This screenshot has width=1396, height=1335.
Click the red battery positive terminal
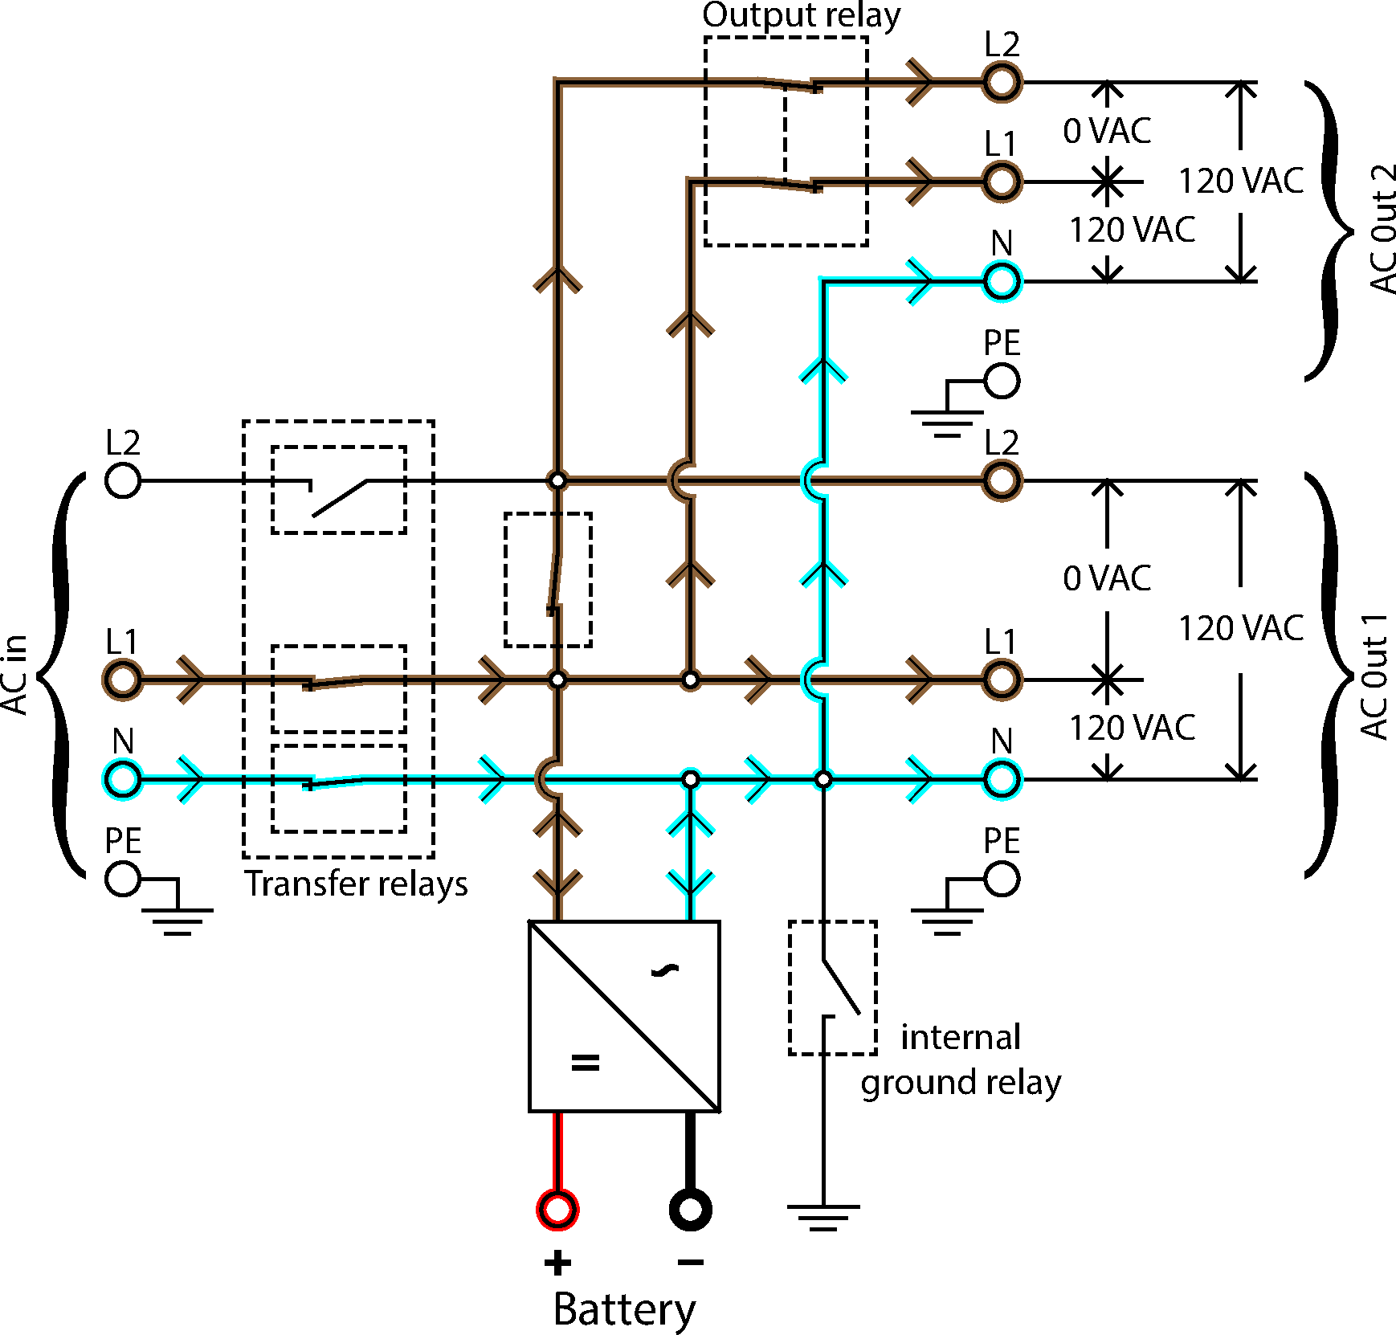click(557, 1209)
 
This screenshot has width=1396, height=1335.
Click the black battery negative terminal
click(690, 1209)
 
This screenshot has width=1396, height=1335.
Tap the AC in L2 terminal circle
click(123, 481)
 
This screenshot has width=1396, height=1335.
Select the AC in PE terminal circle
click(123, 879)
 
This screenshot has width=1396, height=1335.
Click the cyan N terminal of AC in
click(123, 779)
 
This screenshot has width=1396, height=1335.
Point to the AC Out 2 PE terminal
click(1002, 381)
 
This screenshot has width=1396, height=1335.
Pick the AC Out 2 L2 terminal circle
click(1002, 82)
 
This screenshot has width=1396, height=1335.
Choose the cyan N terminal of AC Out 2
click(1002, 281)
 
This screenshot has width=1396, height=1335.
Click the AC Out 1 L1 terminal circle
click(1002, 680)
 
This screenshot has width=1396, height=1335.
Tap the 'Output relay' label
click(801, 16)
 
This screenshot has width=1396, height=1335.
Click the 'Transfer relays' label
click(356, 884)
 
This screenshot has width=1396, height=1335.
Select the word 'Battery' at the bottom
click(624, 1309)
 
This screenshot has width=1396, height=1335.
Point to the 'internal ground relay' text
click(961, 1059)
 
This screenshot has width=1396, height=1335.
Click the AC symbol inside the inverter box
click(665, 970)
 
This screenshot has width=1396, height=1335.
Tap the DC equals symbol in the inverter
click(585, 1063)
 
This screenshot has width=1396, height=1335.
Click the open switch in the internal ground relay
click(840, 986)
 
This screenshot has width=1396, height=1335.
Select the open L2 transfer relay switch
click(338, 496)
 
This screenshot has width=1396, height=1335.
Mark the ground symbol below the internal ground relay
click(823, 1217)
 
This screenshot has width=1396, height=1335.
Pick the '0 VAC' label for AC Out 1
click(1107, 578)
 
